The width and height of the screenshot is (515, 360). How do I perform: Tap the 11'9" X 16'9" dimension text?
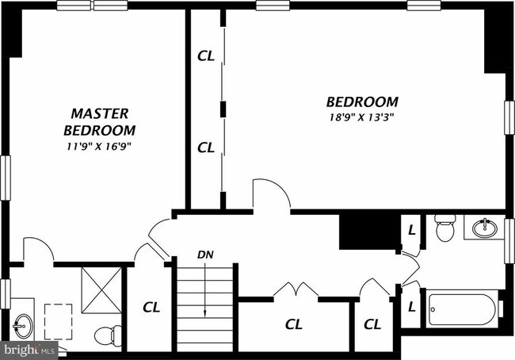(99, 147)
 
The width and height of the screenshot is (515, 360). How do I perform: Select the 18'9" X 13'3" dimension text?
(361, 117)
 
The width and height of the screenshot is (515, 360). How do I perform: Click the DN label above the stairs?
(205, 255)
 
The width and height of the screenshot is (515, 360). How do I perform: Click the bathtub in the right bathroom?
(463, 311)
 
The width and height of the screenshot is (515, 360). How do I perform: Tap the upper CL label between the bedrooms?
(206, 56)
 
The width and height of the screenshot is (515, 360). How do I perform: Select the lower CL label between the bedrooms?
(206, 147)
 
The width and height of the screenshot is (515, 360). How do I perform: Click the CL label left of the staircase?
(151, 307)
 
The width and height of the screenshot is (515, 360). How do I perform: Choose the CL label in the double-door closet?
(294, 324)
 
